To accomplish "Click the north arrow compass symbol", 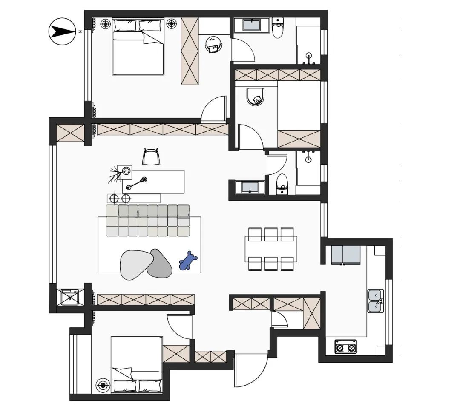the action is pos(61,31).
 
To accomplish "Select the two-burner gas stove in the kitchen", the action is pos(345,346).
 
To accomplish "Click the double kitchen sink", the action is pos(376,301).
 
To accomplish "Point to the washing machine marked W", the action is pos(70,298).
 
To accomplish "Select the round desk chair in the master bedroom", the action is pos(214,45).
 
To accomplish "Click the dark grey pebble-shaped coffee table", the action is pos(159,264).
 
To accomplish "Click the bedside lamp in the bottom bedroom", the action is pos(103,385).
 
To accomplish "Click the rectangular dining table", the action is pos(271,249).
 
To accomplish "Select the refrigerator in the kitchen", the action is pos(345,255).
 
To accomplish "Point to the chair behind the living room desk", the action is pos(151,157).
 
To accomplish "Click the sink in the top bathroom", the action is pos(252,24).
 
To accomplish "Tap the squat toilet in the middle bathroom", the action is pos(256,97).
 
